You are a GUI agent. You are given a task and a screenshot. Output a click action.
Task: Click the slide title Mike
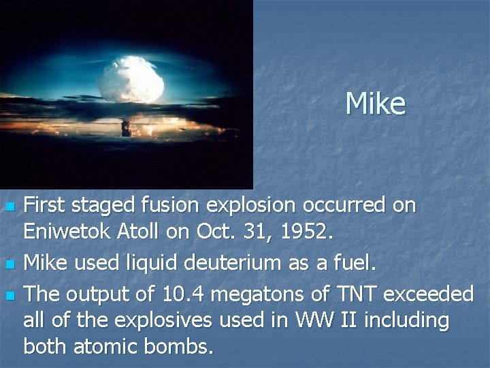click(375, 104)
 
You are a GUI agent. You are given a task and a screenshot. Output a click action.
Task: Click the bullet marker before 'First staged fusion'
click(9, 206)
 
